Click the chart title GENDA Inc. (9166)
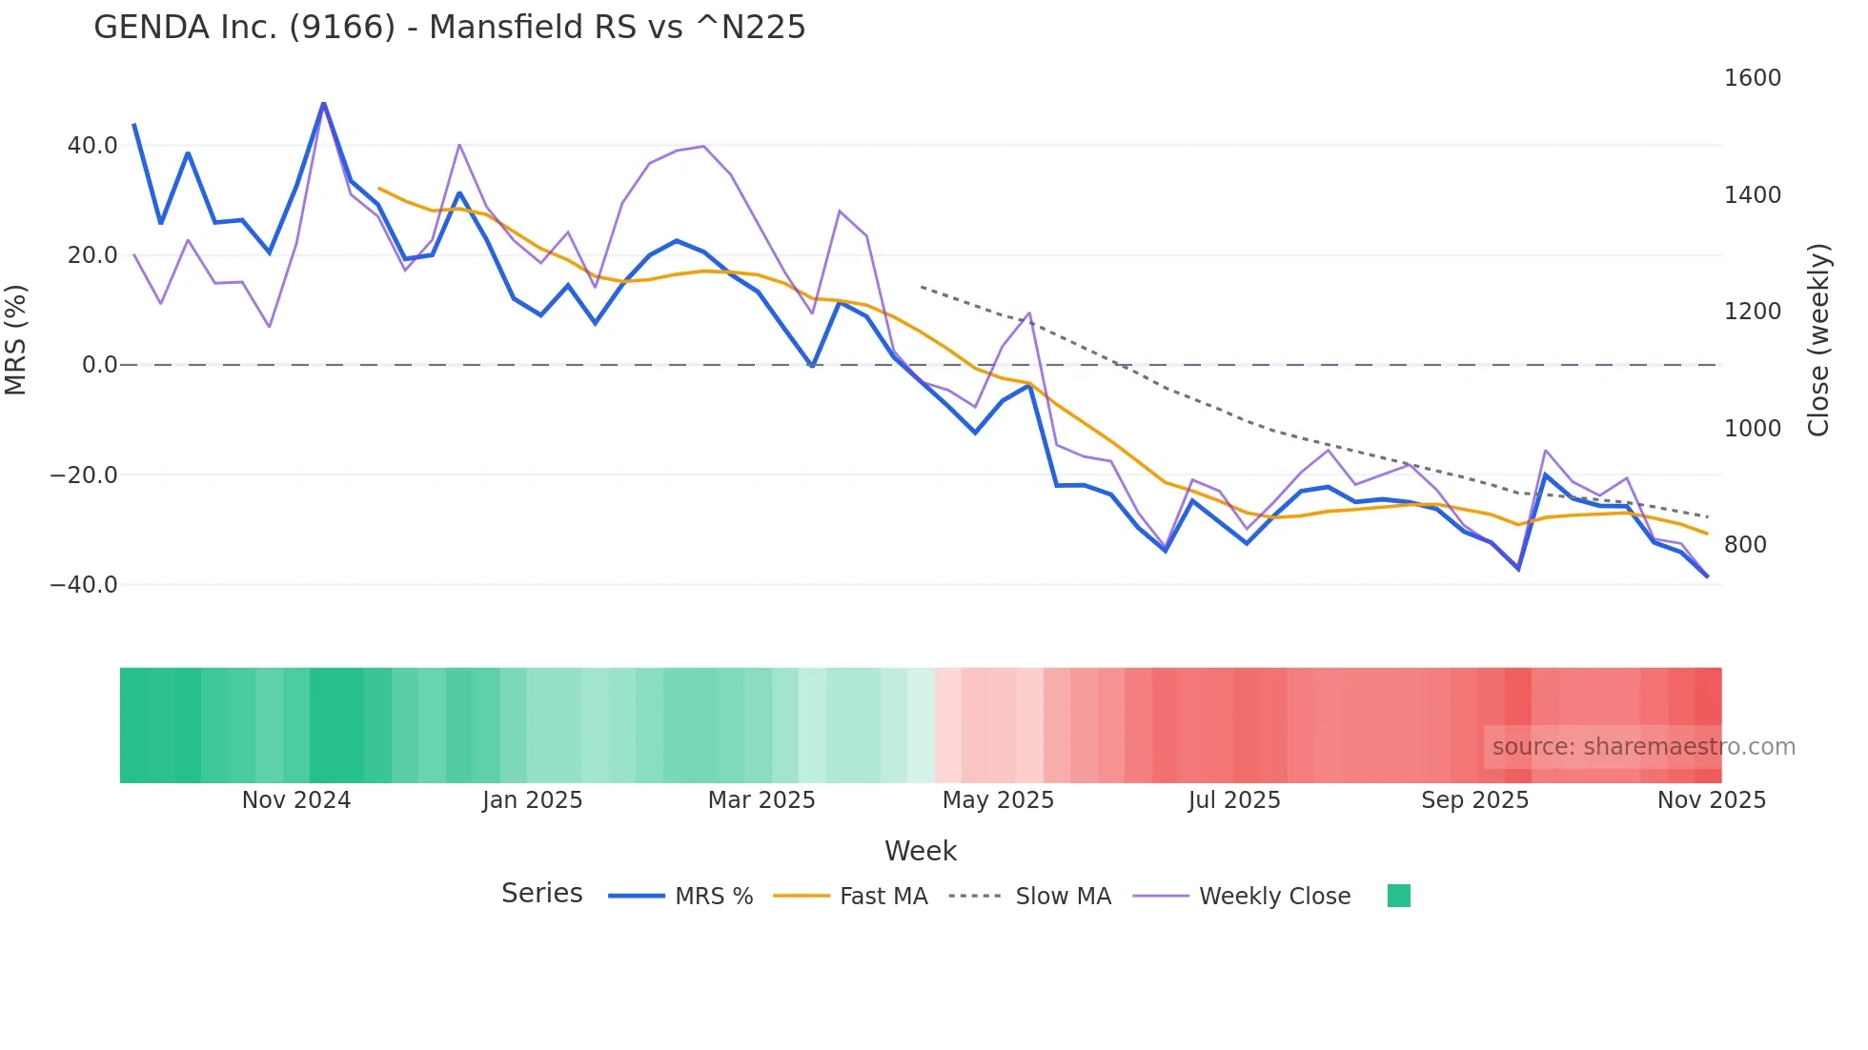(x=449, y=28)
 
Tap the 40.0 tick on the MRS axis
(x=92, y=146)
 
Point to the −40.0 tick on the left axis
(x=84, y=585)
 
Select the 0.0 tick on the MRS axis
(x=99, y=365)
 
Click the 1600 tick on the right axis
(x=1752, y=78)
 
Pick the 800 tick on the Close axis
(x=1745, y=545)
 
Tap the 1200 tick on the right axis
(x=1752, y=312)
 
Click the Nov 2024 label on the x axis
(x=296, y=800)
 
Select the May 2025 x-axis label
(x=998, y=800)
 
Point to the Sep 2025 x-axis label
(x=1474, y=800)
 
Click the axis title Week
(x=920, y=851)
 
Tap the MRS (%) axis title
(x=16, y=340)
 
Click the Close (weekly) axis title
(x=1818, y=340)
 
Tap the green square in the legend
(x=1398, y=896)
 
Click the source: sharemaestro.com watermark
(x=1643, y=747)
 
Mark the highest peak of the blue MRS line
(x=324, y=103)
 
